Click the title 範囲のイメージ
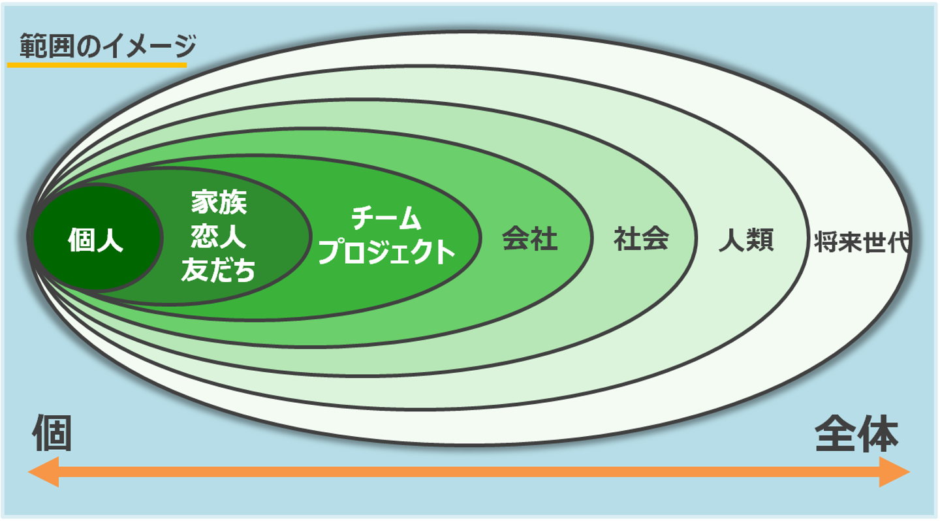[x=108, y=46]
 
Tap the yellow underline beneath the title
[x=97, y=65]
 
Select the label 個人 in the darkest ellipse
[x=96, y=240]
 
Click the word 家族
[x=219, y=202]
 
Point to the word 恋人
[x=219, y=236]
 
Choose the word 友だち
[x=219, y=270]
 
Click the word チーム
[x=386, y=218]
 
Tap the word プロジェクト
[x=386, y=252]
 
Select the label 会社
[x=530, y=238]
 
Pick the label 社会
[x=641, y=238]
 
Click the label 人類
[x=746, y=240]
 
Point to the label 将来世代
[x=862, y=242]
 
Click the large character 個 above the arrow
[x=52, y=434]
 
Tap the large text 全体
[x=856, y=434]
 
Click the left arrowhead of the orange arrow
[x=44, y=472]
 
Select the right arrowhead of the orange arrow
[x=894, y=472]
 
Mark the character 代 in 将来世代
[x=898, y=242]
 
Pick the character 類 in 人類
[x=760, y=240]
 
